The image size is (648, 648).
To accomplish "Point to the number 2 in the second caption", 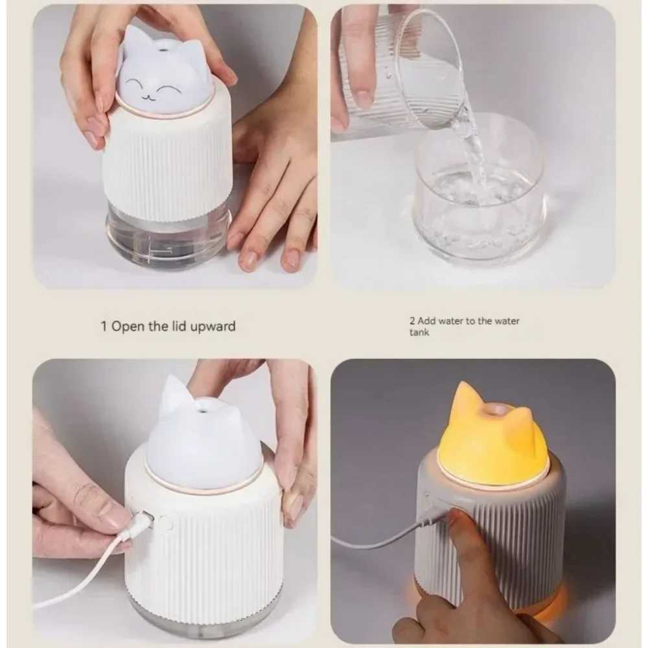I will (x=412, y=321).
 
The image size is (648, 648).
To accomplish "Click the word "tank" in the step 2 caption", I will (x=419, y=332).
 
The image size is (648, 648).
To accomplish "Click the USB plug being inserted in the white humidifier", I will (x=139, y=522).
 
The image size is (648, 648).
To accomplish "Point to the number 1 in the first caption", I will (x=104, y=327).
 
